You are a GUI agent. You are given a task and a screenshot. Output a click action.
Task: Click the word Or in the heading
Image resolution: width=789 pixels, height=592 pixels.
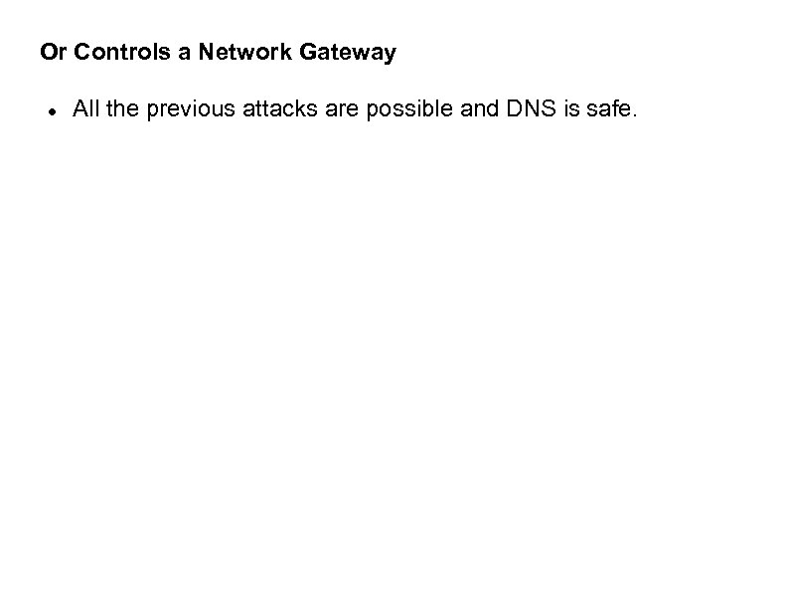(51, 53)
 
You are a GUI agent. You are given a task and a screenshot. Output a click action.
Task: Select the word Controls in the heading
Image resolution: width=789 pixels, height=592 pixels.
(120, 53)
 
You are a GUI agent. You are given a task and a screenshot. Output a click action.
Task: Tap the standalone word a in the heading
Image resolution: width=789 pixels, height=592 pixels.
(185, 53)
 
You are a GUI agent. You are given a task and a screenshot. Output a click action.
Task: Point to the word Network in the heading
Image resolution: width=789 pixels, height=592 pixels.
(237, 53)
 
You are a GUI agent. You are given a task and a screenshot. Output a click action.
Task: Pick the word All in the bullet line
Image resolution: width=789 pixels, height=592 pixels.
(85, 109)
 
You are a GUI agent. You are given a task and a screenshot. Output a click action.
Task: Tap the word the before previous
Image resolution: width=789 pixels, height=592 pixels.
(122, 109)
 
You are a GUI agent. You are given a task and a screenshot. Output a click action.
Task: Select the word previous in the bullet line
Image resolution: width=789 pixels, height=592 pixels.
(187, 109)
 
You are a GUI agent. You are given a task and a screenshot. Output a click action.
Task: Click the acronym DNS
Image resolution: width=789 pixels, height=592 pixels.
(529, 109)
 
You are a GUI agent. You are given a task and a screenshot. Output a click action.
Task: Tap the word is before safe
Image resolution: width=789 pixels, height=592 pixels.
(573, 109)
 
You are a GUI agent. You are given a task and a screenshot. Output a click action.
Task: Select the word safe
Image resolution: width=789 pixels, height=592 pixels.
(610, 109)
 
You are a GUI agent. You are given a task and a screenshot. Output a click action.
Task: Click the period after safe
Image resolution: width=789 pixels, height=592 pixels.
(633, 115)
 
